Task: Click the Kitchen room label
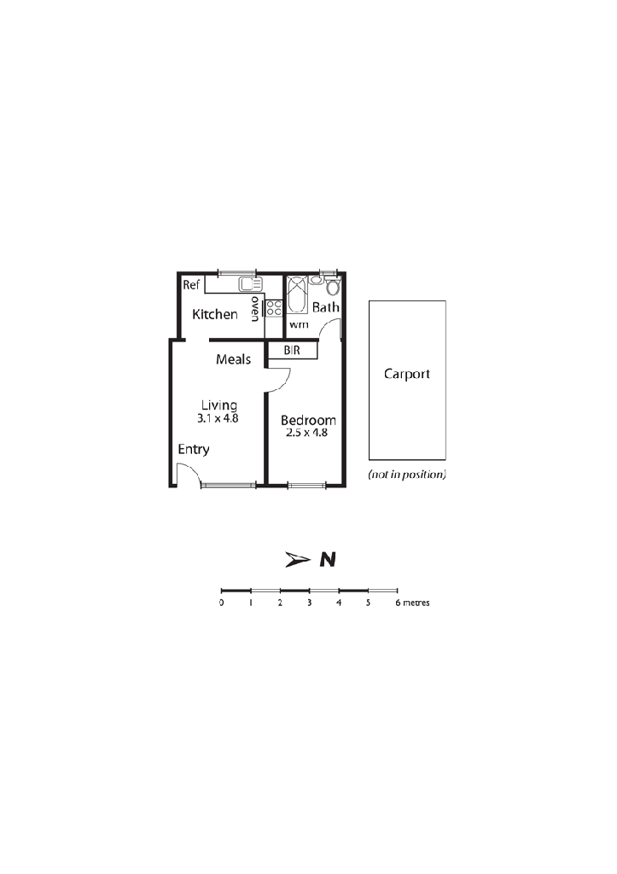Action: [214, 314]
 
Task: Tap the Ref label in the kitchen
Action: [190, 285]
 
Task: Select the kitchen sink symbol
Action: [250, 284]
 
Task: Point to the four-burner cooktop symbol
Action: [274, 308]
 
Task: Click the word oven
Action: [255, 309]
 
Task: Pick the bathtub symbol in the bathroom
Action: [297, 294]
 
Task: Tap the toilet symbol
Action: [332, 287]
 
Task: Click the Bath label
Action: [325, 307]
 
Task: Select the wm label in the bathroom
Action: [299, 324]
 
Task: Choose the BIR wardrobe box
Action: [293, 350]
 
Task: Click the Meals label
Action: [234, 359]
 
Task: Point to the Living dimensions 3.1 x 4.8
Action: [218, 418]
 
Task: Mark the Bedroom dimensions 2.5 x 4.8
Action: [306, 433]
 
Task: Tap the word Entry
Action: [194, 449]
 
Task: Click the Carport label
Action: [407, 374]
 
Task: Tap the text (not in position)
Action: [407, 475]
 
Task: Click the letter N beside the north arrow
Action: [328, 559]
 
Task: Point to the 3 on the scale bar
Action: [309, 603]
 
